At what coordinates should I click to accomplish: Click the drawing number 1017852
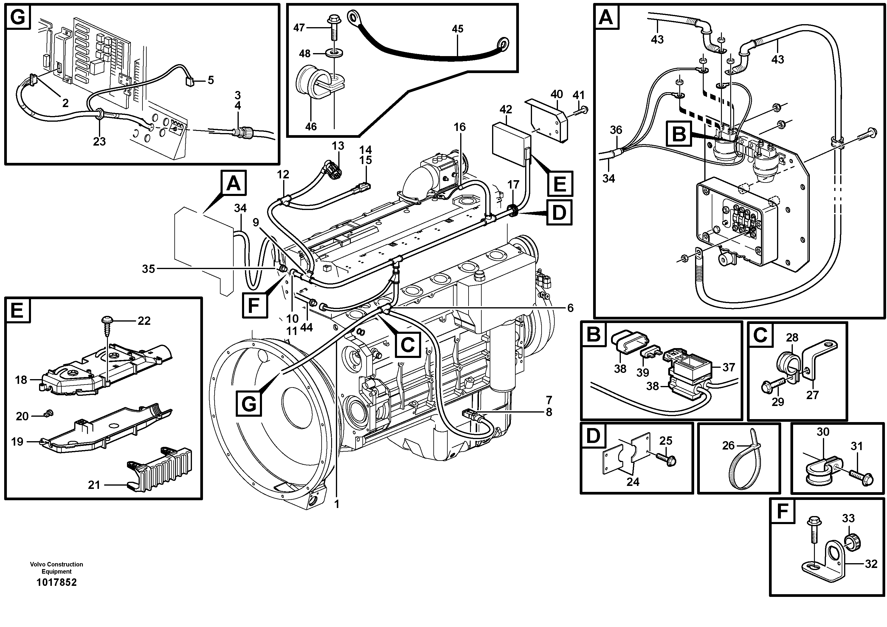pyautogui.click(x=56, y=582)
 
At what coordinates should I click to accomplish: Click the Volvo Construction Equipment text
pyautogui.click(x=56, y=568)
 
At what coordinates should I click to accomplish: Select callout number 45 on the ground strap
pyautogui.click(x=458, y=29)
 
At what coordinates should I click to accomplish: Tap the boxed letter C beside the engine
pyautogui.click(x=407, y=344)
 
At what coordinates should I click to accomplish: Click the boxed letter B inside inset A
pyautogui.click(x=679, y=134)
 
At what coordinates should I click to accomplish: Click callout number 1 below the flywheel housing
pyautogui.click(x=336, y=504)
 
